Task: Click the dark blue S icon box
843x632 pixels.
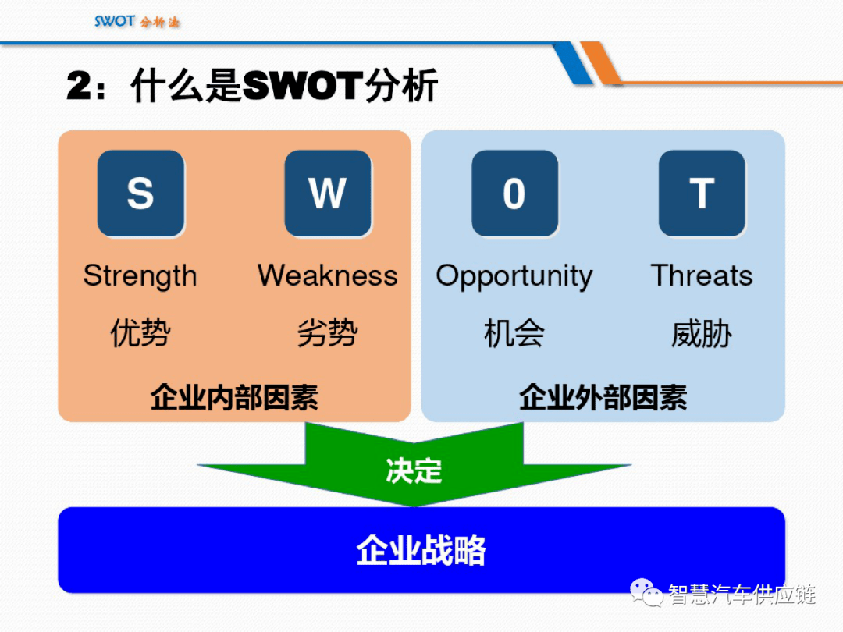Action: coord(140,193)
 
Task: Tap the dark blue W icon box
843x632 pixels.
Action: coord(327,193)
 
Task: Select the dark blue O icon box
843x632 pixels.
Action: coord(514,193)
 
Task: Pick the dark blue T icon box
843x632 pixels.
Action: coord(702,193)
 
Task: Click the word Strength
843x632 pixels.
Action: coord(140,276)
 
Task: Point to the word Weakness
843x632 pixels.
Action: coord(327,275)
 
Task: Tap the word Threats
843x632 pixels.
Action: coord(702,275)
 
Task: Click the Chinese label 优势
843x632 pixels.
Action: coord(140,333)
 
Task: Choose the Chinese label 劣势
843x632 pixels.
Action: coord(327,333)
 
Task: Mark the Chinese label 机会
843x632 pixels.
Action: coord(514,333)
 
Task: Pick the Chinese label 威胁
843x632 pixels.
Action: coord(702,333)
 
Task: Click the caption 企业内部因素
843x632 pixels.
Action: coord(234,397)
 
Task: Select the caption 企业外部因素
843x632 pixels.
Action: coord(603,397)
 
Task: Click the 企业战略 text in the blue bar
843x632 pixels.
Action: coord(421,550)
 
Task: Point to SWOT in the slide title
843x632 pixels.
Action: coord(303,87)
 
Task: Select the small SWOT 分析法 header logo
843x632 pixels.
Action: coord(137,21)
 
